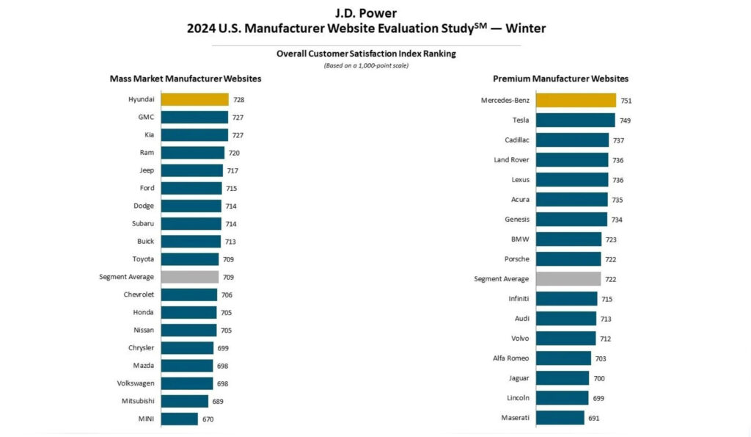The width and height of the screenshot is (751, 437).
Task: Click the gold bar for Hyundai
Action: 194,99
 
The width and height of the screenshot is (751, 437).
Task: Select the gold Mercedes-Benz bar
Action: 576,100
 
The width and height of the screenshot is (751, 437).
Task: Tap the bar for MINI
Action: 179,419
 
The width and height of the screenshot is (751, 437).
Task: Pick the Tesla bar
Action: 575,120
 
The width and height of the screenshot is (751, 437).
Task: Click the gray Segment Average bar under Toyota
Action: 189,277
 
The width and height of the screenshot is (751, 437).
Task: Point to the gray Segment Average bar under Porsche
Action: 568,279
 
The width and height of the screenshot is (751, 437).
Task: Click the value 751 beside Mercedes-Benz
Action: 626,100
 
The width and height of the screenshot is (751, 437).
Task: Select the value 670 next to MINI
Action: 208,419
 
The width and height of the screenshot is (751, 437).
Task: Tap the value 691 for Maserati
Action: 595,418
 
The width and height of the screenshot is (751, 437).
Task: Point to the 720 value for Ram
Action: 234,153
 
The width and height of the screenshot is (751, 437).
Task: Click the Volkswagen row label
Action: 135,383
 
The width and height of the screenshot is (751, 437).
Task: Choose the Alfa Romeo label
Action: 510,358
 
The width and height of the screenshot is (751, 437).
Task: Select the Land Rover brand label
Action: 511,159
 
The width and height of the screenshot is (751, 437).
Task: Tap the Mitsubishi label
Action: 137,401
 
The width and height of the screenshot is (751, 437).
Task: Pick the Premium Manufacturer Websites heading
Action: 560,79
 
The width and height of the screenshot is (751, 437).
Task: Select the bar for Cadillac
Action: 572,140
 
